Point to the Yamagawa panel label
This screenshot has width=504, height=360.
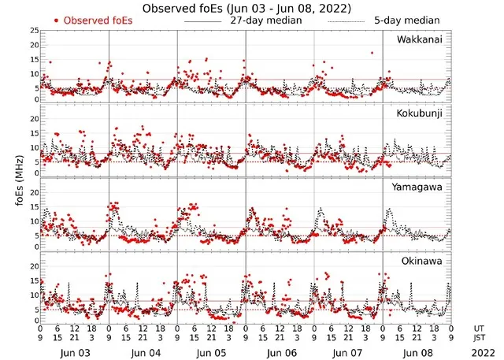pos(420,187)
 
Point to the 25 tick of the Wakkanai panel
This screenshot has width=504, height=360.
pos(34,31)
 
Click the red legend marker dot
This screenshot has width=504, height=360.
pos(56,20)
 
